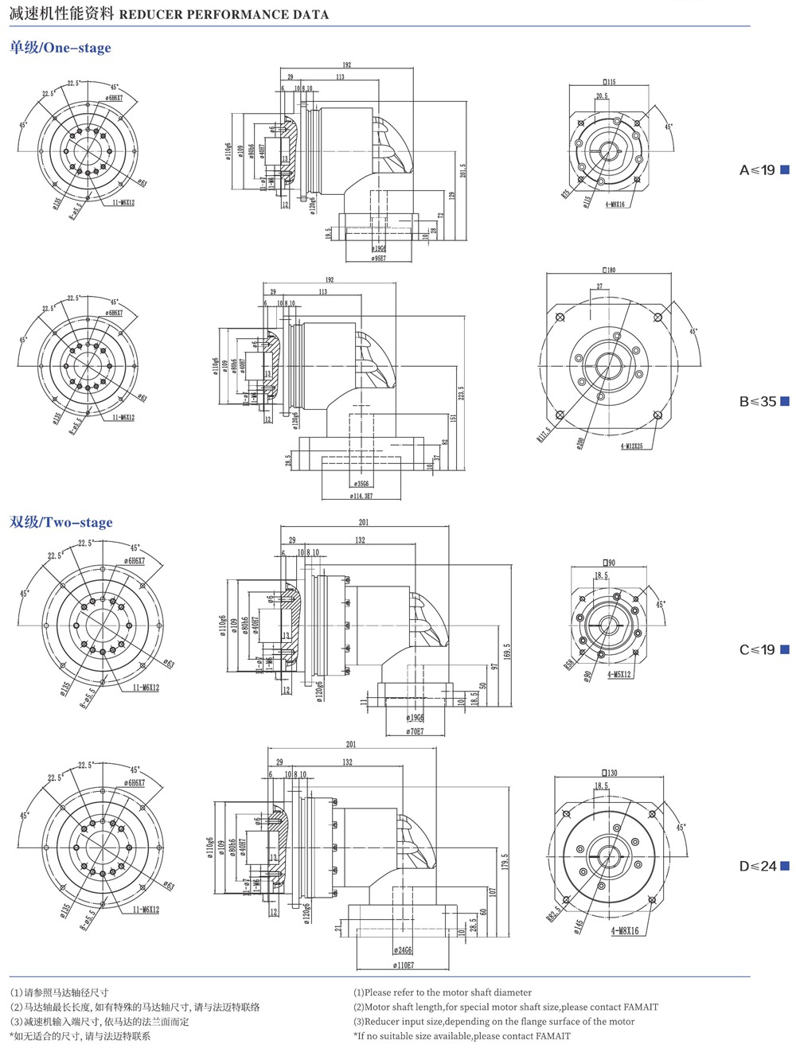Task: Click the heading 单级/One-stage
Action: coord(60,48)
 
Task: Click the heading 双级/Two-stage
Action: coord(61,523)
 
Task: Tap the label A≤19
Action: coord(757,170)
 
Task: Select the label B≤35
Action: coord(757,401)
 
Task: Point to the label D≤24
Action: coord(757,866)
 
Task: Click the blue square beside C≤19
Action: coord(785,649)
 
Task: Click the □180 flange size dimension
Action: coord(608,270)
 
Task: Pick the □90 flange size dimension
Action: coord(608,563)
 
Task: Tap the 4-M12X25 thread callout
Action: coord(632,446)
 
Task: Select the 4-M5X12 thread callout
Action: coord(619,674)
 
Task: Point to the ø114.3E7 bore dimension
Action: coord(361,496)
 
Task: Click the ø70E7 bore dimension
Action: coord(415,731)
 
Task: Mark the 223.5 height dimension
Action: coord(461,393)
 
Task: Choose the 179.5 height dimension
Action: coord(505,861)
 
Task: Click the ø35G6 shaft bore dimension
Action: coord(361,483)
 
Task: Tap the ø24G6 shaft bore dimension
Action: coord(403,950)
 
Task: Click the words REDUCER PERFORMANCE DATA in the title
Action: coord(224,14)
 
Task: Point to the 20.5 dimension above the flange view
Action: coord(602,95)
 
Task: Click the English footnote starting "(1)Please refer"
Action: coord(443,992)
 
